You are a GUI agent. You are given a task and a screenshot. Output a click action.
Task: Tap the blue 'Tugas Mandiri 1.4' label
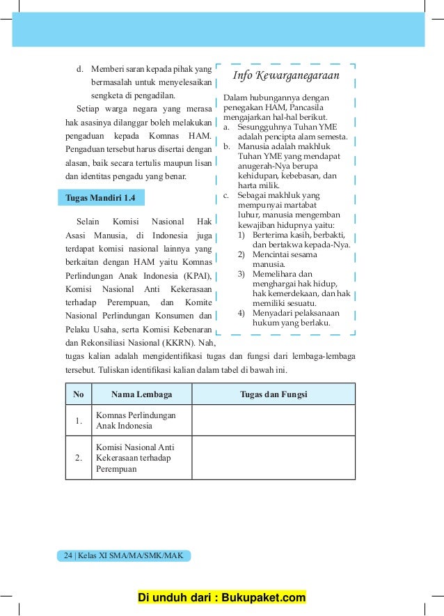pyautogui.click(x=100, y=198)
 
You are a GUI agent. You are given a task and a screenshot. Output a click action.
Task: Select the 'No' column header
pyautogui.click(x=79, y=394)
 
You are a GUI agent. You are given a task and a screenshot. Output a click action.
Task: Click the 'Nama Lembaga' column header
pyautogui.click(x=141, y=394)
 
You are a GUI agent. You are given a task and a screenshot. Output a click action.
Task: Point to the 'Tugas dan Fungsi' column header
pyautogui.click(x=273, y=394)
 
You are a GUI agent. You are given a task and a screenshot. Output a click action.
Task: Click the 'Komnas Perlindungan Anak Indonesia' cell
pyautogui.click(x=136, y=420)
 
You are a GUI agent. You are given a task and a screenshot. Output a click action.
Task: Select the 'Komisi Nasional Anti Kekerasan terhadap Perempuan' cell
pyautogui.click(x=135, y=458)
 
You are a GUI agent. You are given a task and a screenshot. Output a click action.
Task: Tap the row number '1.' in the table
pyautogui.click(x=79, y=420)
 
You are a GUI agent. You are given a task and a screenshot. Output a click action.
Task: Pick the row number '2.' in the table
pyautogui.click(x=79, y=458)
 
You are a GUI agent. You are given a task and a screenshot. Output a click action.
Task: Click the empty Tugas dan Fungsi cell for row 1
pyautogui.click(x=273, y=420)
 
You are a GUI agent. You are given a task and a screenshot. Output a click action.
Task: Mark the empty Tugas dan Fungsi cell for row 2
pyautogui.click(x=273, y=458)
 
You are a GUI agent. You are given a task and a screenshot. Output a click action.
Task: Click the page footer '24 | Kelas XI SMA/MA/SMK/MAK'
pyautogui.click(x=123, y=555)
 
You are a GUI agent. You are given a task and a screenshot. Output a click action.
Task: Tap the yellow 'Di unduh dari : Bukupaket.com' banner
pyautogui.click(x=222, y=598)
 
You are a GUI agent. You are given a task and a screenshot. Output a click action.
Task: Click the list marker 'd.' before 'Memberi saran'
pyautogui.click(x=80, y=68)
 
